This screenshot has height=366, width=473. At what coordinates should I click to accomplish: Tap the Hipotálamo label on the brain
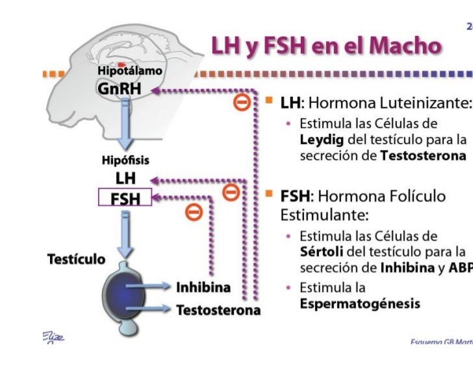[130, 70]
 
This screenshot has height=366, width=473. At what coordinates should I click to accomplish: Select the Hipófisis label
[126, 159]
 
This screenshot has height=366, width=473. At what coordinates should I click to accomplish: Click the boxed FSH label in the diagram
[125, 197]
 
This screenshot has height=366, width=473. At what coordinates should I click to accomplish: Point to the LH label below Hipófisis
[125, 178]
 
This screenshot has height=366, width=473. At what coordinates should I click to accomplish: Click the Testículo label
[77, 259]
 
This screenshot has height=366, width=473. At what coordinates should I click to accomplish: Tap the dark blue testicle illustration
[126, 288]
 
